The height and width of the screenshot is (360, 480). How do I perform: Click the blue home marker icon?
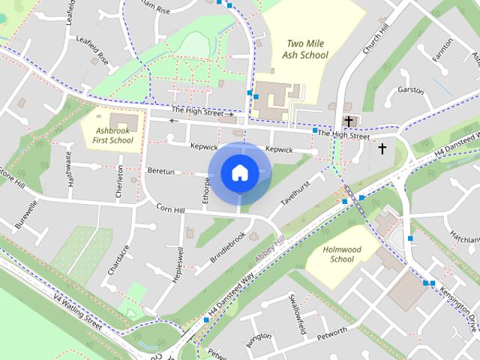pyautogui.click(x=239, y=172)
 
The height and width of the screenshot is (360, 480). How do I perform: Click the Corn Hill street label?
pyautogui.click(x=170, y=209)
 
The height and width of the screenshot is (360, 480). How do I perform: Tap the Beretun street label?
pyautogui.click(x=160, y=172)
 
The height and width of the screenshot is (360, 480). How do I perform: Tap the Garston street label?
pyautogui.click(x=411, y=90)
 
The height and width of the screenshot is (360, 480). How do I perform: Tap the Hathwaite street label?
pyautogui.click(x=70, y=168)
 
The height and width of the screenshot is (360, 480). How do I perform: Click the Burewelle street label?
pyautogui.click(x=27, y=213)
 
